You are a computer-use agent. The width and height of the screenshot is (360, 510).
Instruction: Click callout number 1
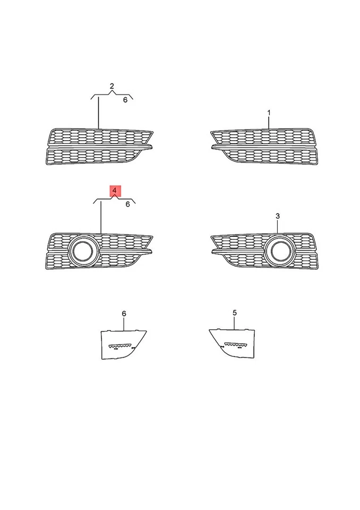(x=269, y=113)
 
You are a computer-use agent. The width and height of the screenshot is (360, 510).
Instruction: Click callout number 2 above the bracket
(x=112, y=86)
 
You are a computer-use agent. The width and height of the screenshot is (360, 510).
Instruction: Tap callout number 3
(x=277, y=216)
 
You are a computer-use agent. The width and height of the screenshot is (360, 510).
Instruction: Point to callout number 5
(x=235, y=313)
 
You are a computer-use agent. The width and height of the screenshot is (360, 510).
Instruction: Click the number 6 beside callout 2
(x=125, y=100)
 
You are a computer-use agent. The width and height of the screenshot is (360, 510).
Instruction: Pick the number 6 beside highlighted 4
(x=127, y=203)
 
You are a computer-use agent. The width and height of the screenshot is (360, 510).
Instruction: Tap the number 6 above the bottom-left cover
(x=124, y=313)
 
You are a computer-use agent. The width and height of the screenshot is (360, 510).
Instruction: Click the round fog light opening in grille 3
(x=278, y=251)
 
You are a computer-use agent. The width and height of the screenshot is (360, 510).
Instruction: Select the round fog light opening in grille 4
(x=82, y=251)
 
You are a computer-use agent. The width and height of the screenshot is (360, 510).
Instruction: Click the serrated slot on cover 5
(x=236, y=345)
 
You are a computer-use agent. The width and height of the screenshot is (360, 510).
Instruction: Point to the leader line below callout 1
(x=269, y=122)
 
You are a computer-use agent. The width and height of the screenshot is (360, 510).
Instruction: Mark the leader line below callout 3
(x=277, y=226)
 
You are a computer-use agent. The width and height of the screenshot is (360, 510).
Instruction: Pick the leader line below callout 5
(x=235, y=323)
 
